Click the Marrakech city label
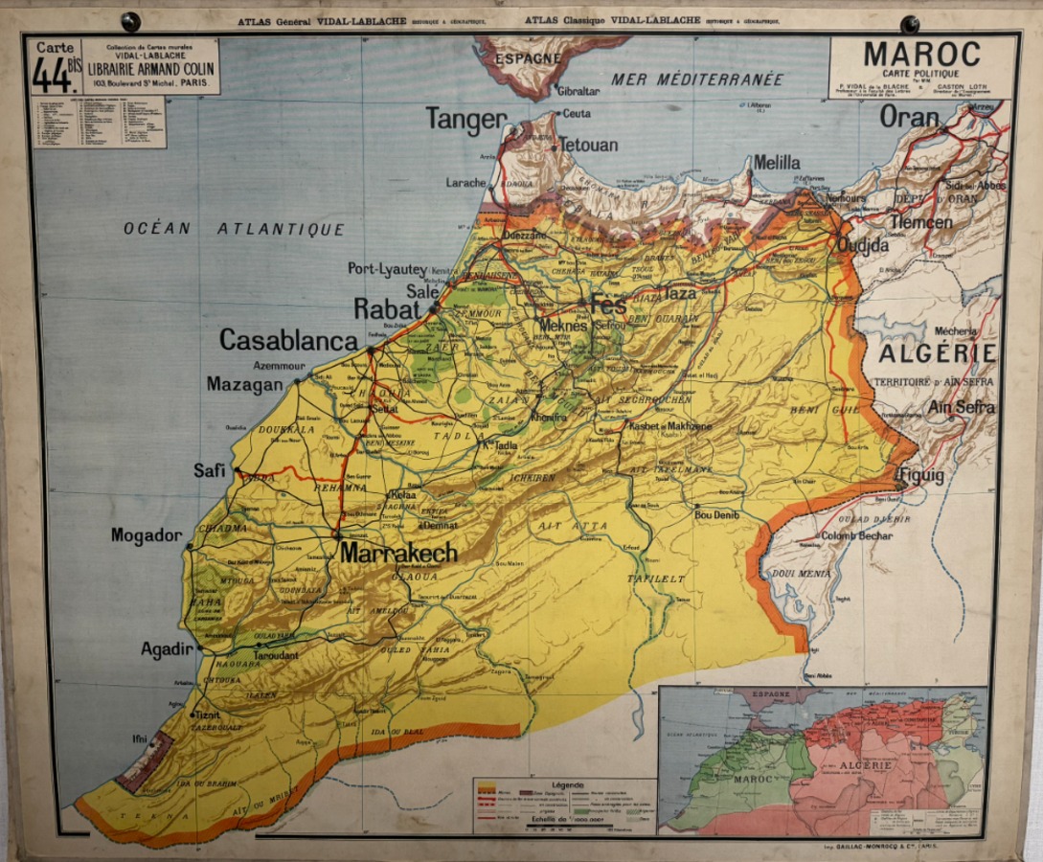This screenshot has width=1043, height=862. coord(398,554)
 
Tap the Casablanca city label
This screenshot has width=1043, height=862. coord(288,340)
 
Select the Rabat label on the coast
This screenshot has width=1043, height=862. coord(387,309)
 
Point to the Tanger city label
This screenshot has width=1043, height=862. coord(465,119)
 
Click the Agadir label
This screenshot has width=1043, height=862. coord(168,649)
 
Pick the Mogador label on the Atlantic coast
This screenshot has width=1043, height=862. coord(146,535)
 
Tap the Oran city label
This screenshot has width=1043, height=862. coord(909,116)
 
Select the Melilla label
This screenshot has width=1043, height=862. coord(776,163)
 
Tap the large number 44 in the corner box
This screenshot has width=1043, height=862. coord(53,76)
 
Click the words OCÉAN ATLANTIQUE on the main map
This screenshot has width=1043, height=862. coord(234,229)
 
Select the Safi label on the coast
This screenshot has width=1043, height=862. coord(209,470)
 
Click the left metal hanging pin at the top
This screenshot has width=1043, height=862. coord(130,21)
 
